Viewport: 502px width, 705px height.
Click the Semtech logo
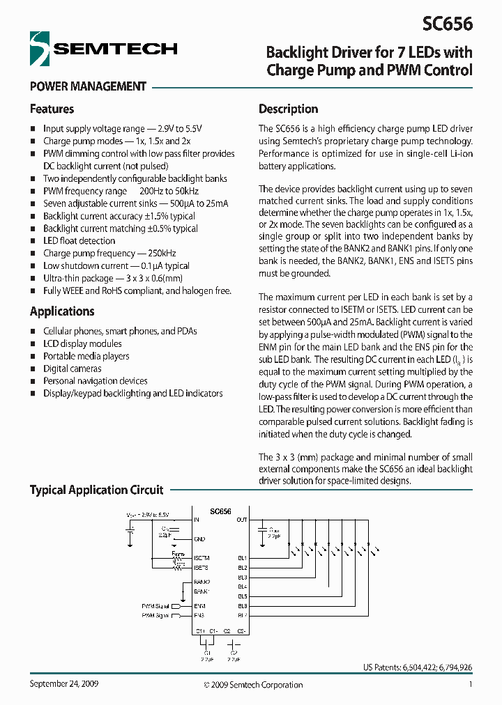[x=103, y=49]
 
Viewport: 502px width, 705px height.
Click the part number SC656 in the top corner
[x=447, y=23]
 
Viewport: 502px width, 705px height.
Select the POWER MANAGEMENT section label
[x=88, y=87]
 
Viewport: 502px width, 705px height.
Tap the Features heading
[x=52, y=109]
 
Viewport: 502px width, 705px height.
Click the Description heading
[x=288, y=109]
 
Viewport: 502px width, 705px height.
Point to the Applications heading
[x=62, y=311]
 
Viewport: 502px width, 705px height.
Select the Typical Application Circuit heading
[x=96, y=490]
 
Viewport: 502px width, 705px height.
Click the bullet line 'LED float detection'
[x=79, y=241]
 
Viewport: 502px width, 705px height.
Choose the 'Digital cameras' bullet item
[x=72, y=369]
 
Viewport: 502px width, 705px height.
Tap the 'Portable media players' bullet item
[x=86, y=356]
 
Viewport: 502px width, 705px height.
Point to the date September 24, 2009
[x=63, y=684]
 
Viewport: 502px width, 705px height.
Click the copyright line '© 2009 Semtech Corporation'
[x=253, y=685]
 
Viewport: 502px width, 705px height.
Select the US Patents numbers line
[x=417, y=667]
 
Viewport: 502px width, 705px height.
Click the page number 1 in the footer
[x=471, y=685]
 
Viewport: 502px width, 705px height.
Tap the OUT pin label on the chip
[x=241, y=520]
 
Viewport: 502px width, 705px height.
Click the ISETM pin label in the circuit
[x=201, y=558]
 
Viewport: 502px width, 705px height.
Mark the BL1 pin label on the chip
[x=242, y=558]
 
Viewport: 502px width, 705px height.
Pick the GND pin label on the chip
[x=199, y=539]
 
